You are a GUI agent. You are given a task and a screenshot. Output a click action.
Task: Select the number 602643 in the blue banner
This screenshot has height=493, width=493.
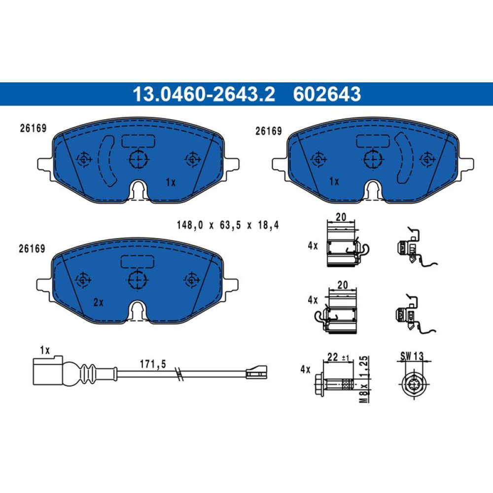pyautogui.click(x=327, y=94)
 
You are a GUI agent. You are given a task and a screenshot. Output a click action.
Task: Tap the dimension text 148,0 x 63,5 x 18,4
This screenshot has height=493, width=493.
pyautogui.click(x=228, y=225)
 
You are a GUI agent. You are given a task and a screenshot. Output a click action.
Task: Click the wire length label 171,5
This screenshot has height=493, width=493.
pyautogui.click(x=153, y=364)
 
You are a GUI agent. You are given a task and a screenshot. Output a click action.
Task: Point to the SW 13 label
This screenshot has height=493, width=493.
pyautogui.click(x=412, y=356)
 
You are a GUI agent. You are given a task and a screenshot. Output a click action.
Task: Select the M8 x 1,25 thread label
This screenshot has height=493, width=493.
pyautogui.click(x=364, y=379)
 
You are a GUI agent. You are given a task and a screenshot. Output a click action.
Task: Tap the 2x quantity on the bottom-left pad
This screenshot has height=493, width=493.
pyautogui.click(x=99, y=303)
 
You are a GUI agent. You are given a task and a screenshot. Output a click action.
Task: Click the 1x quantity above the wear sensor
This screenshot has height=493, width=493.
pyautogui.click(x=45, y=350)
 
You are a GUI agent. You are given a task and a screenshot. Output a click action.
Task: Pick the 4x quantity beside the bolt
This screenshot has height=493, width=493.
pyautogui.click(x=305, y=369)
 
